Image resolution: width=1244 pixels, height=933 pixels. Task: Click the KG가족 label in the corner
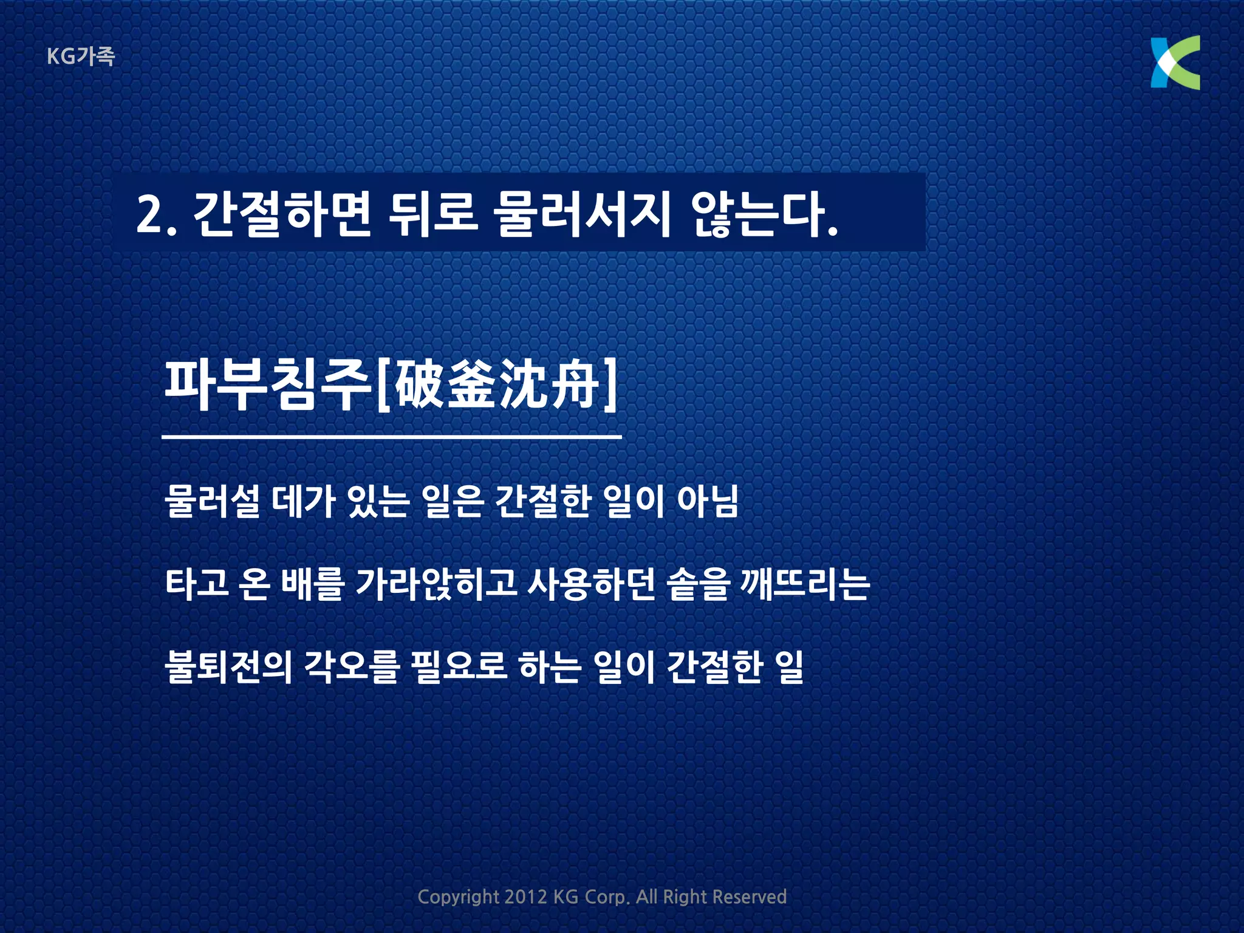click(x=80, y=56)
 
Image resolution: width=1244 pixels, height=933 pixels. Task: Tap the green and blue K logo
click(x=1175, y=63)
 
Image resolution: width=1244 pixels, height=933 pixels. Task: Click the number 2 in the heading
click(x=149, y=214)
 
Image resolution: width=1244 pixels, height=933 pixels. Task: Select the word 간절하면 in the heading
click(x=281, y=214)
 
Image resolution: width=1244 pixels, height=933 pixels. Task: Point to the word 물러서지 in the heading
click(x=581, y=214)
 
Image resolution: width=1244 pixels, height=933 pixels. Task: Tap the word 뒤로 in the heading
click(x=432, y=214)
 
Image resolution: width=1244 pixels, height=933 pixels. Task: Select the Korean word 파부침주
click(x=267, y=384)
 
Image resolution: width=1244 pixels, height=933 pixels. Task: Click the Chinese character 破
click(x=418, y=384)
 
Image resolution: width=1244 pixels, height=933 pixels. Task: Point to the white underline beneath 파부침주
click(x=391, y=436)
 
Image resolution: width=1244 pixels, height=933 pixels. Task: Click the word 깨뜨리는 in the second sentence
click(x=804, y=584)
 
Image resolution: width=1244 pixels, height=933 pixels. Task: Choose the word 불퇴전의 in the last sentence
click(x=228, y=666)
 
